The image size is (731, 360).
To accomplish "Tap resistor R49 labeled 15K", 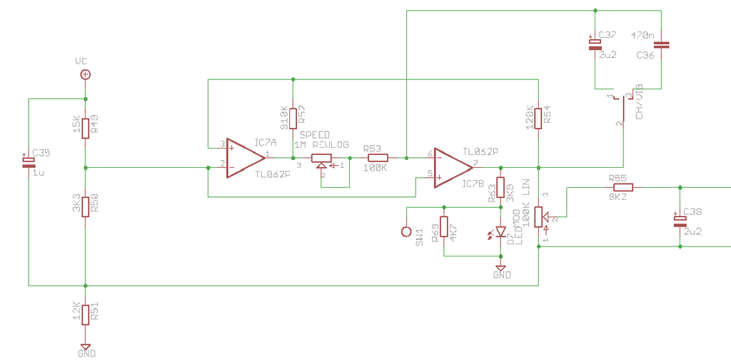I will pos(85,128).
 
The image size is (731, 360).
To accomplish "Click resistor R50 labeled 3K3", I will pos(85,206).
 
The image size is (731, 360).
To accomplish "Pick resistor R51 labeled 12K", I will pos(85,314).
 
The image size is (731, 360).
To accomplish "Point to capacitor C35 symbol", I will pos(29,161).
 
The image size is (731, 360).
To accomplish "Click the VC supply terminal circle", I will pos(85,74).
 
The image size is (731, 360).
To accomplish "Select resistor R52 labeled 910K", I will pos(293,118).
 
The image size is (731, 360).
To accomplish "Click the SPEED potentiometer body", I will pos(323,158).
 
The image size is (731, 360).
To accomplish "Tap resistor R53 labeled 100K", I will pos(378,158).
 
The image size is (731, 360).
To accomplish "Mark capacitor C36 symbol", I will pos(661,44).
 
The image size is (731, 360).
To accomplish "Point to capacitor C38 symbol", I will pos(680,220).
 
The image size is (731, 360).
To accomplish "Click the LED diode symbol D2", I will pos(500,231).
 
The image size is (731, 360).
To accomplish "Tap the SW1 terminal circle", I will pos(406,231).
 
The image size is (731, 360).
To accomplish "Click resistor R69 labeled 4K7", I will pos(444,226).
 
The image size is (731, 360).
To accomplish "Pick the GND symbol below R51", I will pos(85,346).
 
